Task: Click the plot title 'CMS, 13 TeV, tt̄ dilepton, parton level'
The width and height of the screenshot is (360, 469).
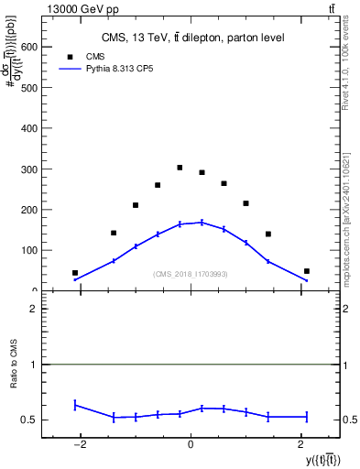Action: click(x=192, y=38)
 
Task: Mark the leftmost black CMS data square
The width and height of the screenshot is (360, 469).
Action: click(x=75, y=273)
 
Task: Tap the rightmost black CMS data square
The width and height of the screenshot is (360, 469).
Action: click(x=307, y=271)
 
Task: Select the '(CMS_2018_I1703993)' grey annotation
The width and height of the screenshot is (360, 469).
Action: click(x=191, y=273)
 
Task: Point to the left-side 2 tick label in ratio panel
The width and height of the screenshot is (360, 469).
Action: click(x=33, y=310)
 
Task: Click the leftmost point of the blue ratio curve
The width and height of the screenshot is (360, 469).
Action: click(x=75, y=404)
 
